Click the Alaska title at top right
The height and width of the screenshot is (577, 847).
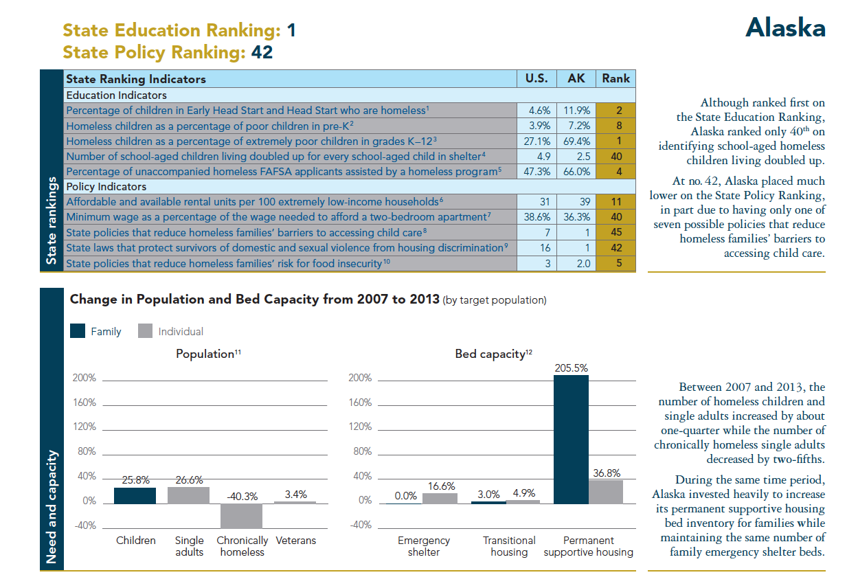click(785, 27)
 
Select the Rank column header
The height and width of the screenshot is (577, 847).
click(616, 78)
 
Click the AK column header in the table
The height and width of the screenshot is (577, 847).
click(576, 78)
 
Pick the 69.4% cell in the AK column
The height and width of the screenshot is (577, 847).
click(576, 141)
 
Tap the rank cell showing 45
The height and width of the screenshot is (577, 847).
click(616, 232)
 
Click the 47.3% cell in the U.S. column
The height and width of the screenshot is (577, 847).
click(537, 172)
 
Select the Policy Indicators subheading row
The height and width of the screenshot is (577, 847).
click(106, 186)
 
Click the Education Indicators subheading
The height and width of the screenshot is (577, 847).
click(116, 95)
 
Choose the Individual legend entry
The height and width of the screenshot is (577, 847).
click(171, 331)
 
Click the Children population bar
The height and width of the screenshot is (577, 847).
click(135, 495)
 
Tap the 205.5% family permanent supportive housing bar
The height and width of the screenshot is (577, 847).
click(571, 440)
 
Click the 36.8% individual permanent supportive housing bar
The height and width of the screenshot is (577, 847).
click(606, 492)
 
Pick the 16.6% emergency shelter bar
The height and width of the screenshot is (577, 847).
click(440, 498)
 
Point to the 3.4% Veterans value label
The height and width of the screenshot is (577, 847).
click(295, 494)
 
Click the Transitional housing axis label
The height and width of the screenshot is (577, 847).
click(509, 546)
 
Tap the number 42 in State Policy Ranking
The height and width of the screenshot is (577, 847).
click(262, 52)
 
